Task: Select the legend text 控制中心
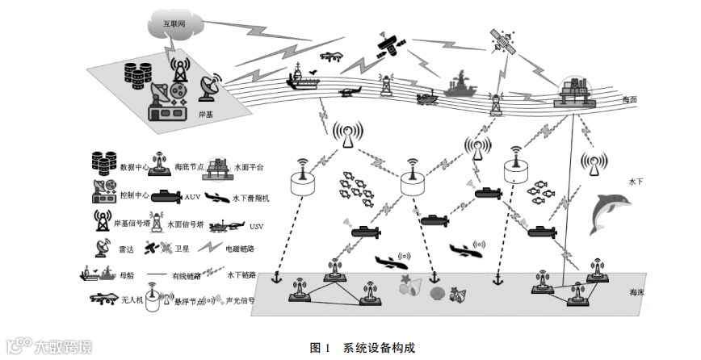(134, 195)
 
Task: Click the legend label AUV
(192, 195)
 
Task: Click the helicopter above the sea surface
(350, 92)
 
